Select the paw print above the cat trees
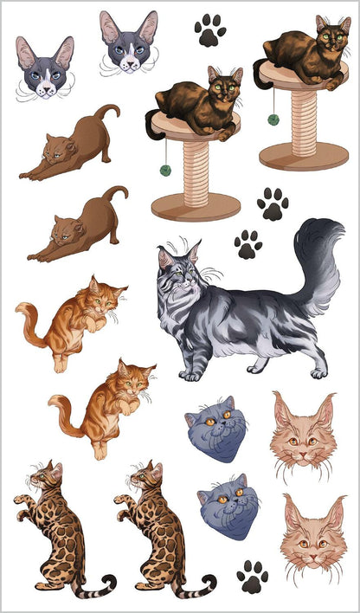coord(209,30)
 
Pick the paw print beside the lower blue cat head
coord(253,575)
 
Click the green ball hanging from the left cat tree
coord(165,170)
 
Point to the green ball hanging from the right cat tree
coord(273,119)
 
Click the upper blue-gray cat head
coord(216,428)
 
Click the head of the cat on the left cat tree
coord(224,87)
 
